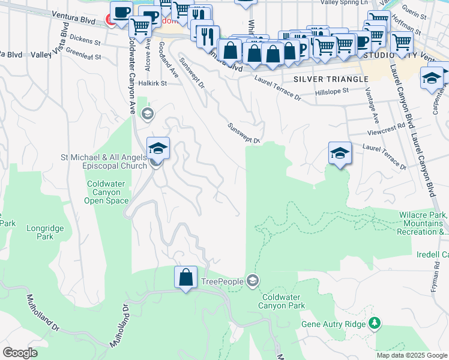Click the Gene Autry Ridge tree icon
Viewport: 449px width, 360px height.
(375, 323)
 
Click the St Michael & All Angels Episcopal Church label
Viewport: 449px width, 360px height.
(104, 161)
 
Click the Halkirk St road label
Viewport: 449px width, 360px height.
(152, 84)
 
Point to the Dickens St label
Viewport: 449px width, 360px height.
(85, 42)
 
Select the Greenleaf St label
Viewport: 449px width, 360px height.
(84, 55)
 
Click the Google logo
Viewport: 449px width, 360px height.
(20, 352)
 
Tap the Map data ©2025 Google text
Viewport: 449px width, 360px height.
(411, 355)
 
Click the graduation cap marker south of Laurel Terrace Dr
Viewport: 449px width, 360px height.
(339, 154)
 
